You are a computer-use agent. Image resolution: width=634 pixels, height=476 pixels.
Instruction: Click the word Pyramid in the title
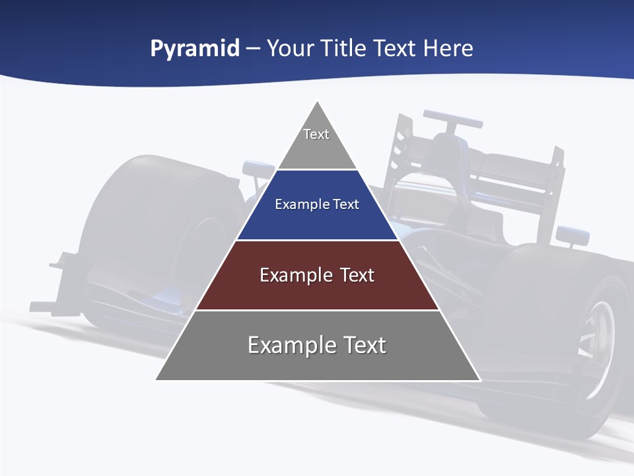coord(195,49)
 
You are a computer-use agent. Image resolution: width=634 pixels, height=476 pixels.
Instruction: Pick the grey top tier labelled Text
coord(317,145)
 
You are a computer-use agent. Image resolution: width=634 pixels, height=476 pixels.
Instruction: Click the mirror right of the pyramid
coord(572,234)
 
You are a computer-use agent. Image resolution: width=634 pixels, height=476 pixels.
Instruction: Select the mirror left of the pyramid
coord(257,169)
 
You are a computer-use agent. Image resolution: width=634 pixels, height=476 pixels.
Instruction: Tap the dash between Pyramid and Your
coord(253,49)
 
